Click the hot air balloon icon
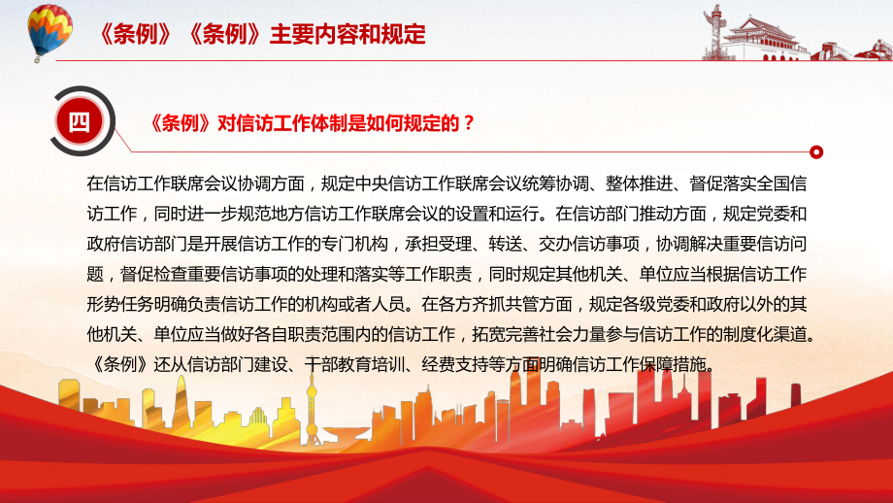click(x=50, y=32)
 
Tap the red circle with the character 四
click(x=80, y=121)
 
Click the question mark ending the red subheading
click(x=469, y=123)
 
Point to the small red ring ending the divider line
click(x=816, y=152)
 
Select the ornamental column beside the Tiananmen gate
click(x=711, y=31)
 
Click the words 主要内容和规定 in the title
click(x=347, y=34)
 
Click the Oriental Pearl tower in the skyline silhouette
click(x=312, y=409)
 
